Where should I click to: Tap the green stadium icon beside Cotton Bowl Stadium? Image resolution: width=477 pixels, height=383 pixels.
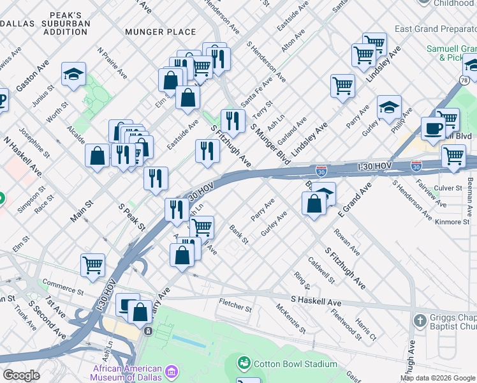tap(243, 364)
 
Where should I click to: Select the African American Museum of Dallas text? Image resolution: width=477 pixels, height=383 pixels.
tap(127, 372)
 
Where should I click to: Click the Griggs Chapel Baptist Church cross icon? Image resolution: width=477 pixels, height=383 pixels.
tap(420, 320)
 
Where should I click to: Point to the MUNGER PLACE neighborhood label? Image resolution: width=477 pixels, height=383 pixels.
tap(161, 31)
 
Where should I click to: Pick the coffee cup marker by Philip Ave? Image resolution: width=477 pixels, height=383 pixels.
tap(433, 128)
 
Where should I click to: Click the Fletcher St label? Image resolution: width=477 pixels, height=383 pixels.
tap(235, 306)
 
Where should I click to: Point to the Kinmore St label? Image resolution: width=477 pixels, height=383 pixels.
tap(451, 222)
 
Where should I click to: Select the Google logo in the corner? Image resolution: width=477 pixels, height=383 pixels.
tap(21, 375)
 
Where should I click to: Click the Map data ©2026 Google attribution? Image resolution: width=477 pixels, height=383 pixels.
tap(437, 378)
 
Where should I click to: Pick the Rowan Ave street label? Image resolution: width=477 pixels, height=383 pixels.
tap(347, 243)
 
